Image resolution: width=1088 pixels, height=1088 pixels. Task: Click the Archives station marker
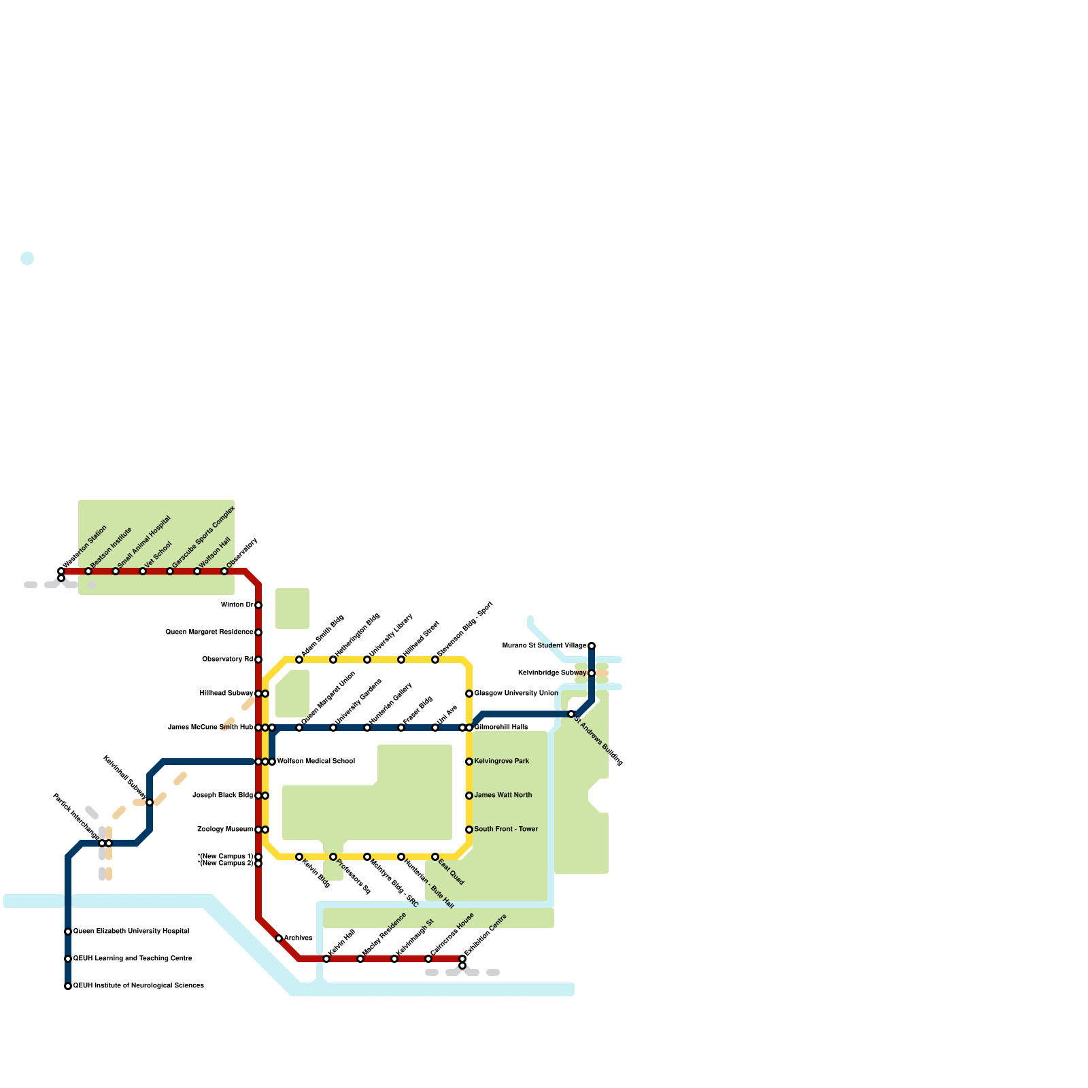pyautogui.click(x=279, y=938)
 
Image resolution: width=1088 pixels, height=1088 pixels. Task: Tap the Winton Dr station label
pyautogui.click(x=237, y=605)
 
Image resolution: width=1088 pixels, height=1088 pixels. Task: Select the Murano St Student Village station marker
pyautogui.click(x=592, y=646)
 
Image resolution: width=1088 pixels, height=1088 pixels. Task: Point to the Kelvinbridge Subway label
pyautogui.click(x=552, y=673)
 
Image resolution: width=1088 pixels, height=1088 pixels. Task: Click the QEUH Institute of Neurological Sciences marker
pyautogui.click(x=68, y=986)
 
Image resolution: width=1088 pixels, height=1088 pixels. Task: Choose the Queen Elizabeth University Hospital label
pyautogui.click(x=131, y=932)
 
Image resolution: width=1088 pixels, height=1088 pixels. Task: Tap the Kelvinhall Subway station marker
pyautogui.click(x=150, y=802)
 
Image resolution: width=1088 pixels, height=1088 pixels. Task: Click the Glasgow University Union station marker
pyautogui.click(x=469, y=694)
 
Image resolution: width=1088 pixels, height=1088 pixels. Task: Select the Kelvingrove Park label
pyautogui.click(x=502, y=762)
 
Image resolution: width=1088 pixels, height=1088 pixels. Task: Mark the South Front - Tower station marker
pyautogui.click(x=469, y=830)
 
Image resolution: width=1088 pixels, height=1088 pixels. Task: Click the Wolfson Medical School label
pyautogui.click(x=316, y=762)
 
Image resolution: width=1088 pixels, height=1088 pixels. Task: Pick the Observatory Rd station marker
pyautogui.click(x=258, y=660)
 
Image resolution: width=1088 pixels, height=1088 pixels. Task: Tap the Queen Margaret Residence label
pyautogui.click(x=209, y=632)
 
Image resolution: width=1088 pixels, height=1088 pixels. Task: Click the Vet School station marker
pyautogui.click(x=143, y=571)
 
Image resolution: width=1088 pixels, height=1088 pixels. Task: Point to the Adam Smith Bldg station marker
pyautogui.click(x=299, y=660)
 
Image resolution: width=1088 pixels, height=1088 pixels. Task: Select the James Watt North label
pyautogui.click(x=503, y=796)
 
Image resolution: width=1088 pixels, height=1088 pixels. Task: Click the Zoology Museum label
pyautogui.click(x=225, y=830)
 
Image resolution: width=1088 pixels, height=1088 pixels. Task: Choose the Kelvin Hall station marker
pyautogui.click(x=326, y=959)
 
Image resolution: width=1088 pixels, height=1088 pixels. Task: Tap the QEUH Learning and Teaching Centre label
pyautogui.click(x=133, y=959)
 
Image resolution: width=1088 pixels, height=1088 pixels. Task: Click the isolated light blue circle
pyautogui.click(x=27, y=258)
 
